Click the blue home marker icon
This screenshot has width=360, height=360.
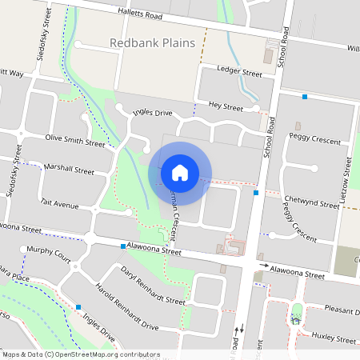(x=180, y=172)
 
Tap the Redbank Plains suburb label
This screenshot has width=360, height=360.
(x=152, y=43)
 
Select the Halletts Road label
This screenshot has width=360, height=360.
(x=154, y=16)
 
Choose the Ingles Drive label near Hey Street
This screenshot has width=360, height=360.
(x=152, y=114)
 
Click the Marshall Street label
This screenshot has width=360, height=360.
(x=70, y=170)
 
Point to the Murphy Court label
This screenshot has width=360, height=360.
(x=49, y=250)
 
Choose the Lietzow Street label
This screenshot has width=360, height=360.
(x=347, y=178)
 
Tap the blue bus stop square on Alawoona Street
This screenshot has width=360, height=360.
(x=122, y=246)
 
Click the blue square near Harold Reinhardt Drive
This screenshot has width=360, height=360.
(x=78, y=306)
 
